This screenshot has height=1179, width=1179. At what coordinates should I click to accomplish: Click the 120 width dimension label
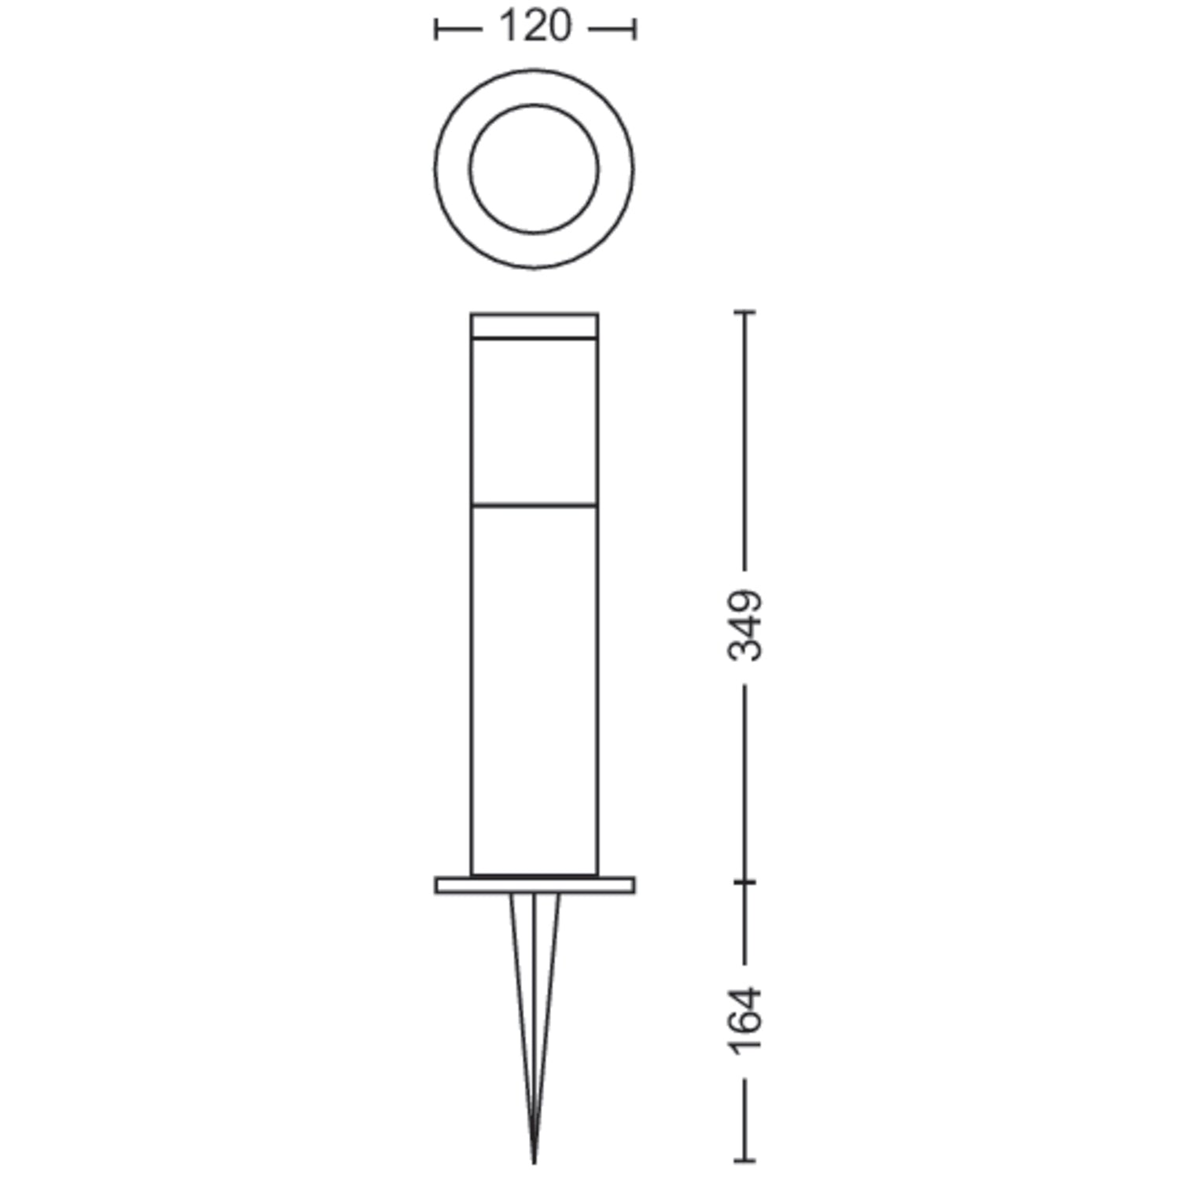pyautogui.click(x=534, y=28)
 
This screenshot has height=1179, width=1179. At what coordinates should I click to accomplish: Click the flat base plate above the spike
pyautogui.click(x=534, y=885)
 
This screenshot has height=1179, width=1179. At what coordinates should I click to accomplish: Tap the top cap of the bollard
pyautogui.click(x=534, y=326)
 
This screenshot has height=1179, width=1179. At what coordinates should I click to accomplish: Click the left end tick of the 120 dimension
pyautogui.click(x=436, y=30)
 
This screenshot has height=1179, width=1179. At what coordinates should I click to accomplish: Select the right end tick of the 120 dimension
pyautogui.click(x=634, y=30)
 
